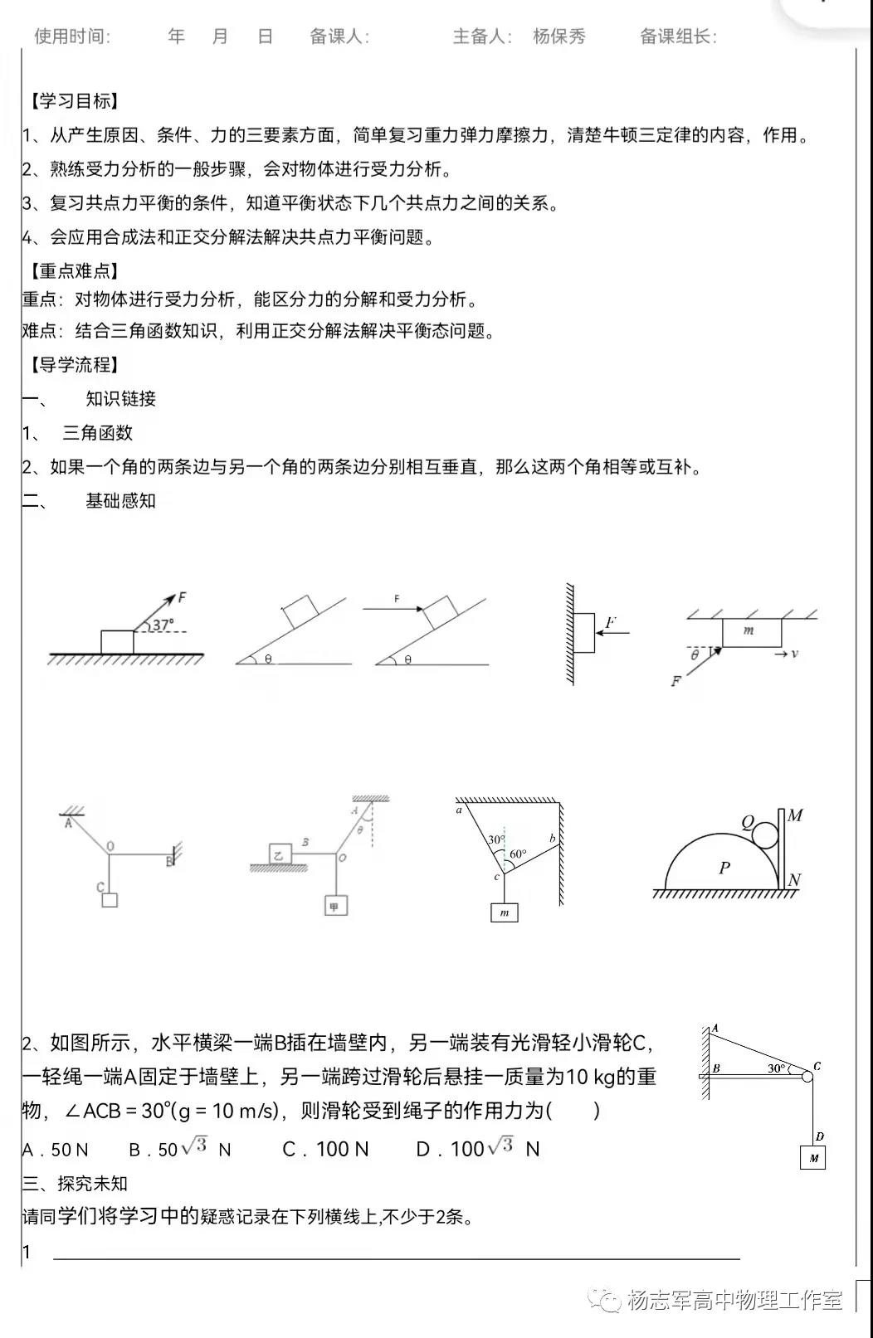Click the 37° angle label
pyautogui.click(x=163, y=625)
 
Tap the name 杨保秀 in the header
pyautogui.click(x=558, y=36)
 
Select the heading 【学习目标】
pyautogui.click(x=75, y=101)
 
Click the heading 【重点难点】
pyautogui.click(x=75, y=271)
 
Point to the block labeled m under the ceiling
pyautogui.click(x=751, y=632)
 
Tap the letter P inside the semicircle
pyautogui.click(x=724, y=868)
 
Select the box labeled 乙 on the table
pyautogui.click(x=280, y=854)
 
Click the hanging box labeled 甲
pyautogui.click(x=334, y=906)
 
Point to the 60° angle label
pyautogui.click(x=517, y=854)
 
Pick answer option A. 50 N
pyautogui.click(x=55, y=1150)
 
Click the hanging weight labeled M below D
pyautogui.click(x=812, y=1158)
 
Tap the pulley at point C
pyautogui.click(x=807, y=1076)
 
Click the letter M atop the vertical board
pyautogui.click(x=795, y=815)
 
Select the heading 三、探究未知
pyautogui.click(x=75, y=1184)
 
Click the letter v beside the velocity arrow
pyautogui.click(x=794, y=654)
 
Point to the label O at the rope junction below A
pyautogui.click(x=110, y=847)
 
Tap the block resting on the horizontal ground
pyautogui.click(x=117, y=642)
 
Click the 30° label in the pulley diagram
pyautogui.click(x=777, y=1068)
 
